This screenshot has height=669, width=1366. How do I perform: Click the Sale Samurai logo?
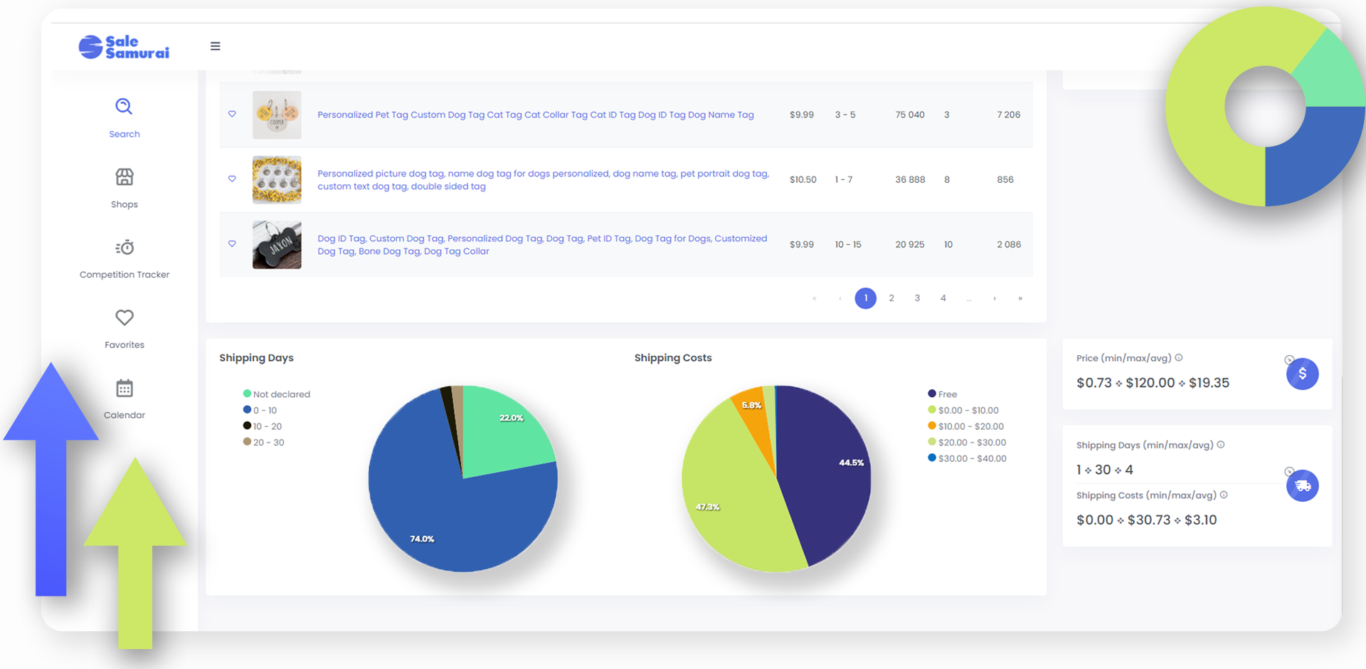pyautogui.click(x=124, y=47)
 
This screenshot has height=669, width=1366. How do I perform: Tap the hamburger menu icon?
pyautogui.click(x=216, y=46)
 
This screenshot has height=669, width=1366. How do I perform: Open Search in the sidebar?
pyautogui.click(x=125, y=118)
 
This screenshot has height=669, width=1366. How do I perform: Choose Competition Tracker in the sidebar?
pyautogui.click(x=125, y=259)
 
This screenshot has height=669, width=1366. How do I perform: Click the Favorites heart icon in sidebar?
pyautogui.click(x=125, y=317)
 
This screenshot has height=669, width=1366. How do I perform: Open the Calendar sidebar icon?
pyautogui.click(x=125, y=388)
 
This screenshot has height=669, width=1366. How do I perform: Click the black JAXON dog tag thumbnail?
pyautogui.click(x=277, y=245)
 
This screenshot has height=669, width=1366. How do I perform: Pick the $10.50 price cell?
pyautogui.click(x=803, y=180)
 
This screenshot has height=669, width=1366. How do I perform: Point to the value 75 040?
pyautogui.click(x=910, y=115)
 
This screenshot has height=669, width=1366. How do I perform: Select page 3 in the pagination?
pyautogui.click(x=917, y=298)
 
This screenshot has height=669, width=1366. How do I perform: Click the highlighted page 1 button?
pyautogui.click(x=866, y=298)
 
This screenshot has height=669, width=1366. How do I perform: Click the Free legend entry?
pyautogui.click(x=943, y=394)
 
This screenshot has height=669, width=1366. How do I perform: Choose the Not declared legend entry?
pyautogui.click(x=277, y=394)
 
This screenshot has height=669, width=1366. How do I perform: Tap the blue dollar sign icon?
pyautogui.click(x=1303, y=374)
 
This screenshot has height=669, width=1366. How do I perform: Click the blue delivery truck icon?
pyautogui.click(x=1303, y=485)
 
